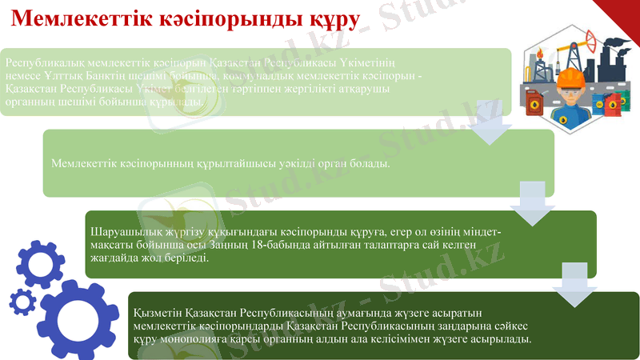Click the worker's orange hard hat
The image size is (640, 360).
[x=570, y=78]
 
